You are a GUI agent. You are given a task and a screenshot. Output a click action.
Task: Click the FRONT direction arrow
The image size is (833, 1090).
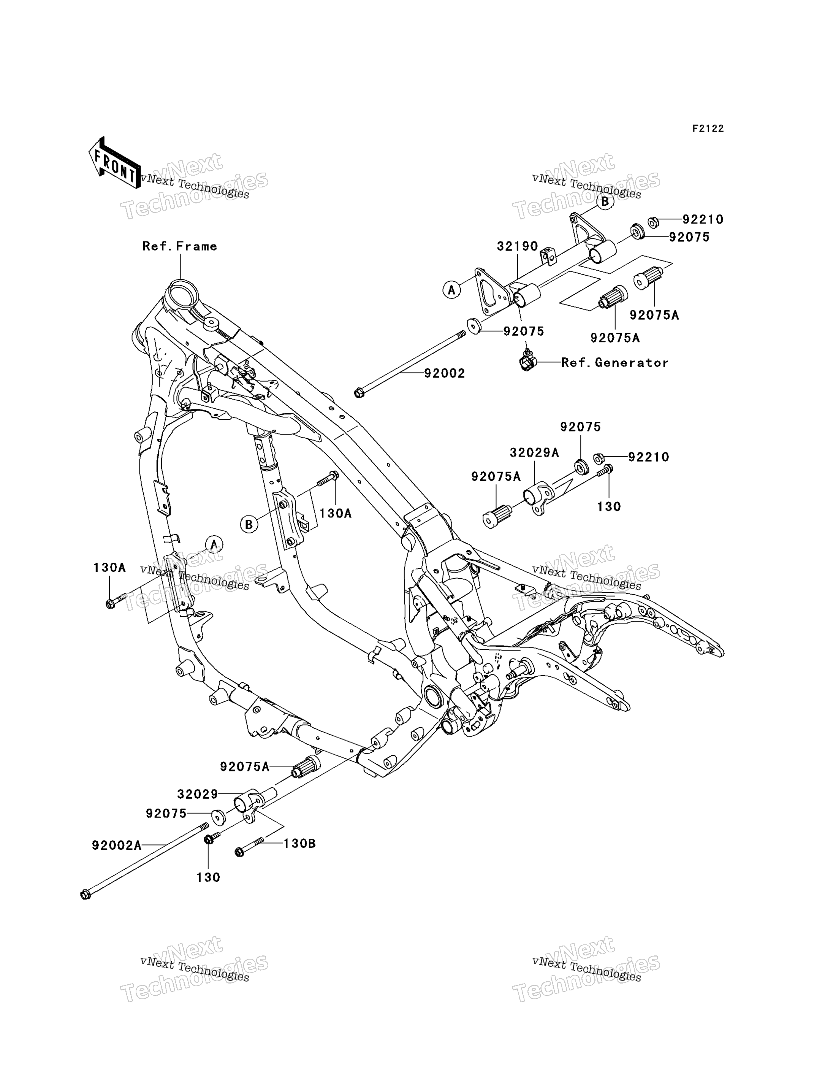click(x=114, y=162)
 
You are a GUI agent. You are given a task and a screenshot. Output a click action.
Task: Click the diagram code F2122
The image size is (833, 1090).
click(x=708, y=129)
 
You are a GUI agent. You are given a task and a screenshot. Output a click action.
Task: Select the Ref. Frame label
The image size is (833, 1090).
click(x=179, y=246)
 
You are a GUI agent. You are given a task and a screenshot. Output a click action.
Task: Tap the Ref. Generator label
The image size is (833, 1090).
click(x=615, y=363)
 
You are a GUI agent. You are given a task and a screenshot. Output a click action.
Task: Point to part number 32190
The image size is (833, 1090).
click(x=518, y=246)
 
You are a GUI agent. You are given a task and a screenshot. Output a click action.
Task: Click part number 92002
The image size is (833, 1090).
click(x=445, y=373)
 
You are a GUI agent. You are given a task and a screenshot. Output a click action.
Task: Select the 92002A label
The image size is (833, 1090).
click(x=117, y=844)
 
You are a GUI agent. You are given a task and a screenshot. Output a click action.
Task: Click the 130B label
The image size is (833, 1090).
click(x=299, y=843)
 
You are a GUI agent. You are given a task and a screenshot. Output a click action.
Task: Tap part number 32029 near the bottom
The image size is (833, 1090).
click(x=197, y=794)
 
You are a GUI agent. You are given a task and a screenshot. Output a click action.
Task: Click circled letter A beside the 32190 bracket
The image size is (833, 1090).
click(x=451, y=290)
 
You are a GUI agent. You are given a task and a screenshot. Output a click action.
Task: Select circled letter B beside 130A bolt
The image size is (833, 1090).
click(x=249, y=524)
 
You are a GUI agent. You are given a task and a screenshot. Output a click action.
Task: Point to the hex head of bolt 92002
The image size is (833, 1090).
click(x=359, y=393)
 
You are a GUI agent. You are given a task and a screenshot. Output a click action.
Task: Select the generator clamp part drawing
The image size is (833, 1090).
click(x=527, y=362)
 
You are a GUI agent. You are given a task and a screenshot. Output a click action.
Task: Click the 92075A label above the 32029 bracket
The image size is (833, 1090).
click(x=245, y=767)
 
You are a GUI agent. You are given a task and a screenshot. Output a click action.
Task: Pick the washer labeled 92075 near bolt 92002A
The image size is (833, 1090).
click(x=218, y=816)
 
